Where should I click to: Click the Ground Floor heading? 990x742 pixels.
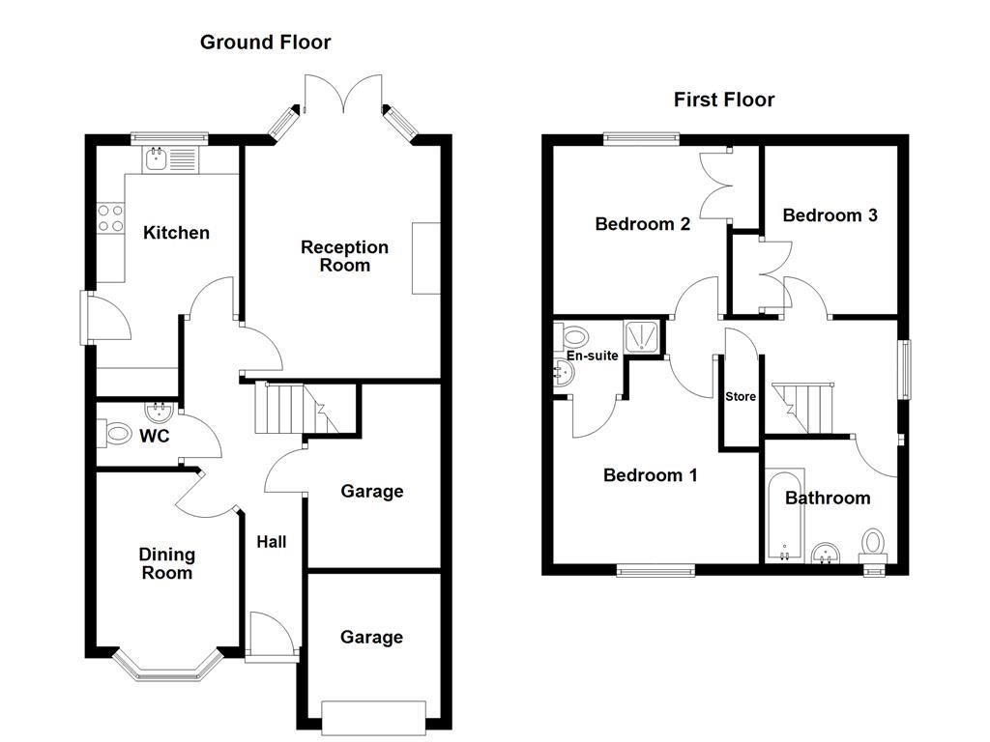[265, 43]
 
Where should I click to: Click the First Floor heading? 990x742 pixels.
[724, 100]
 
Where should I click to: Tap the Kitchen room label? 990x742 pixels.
[176, 233]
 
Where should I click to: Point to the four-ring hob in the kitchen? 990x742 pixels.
[110, 218]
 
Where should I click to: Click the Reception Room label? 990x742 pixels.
[344, 256]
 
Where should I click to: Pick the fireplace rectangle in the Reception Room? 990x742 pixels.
[425, 258]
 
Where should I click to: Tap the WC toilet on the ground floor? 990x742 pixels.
[116, 434]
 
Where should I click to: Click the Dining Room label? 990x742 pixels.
[166, 563]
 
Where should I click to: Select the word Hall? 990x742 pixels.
[271, 542]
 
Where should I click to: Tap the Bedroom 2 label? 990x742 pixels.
[642, 224]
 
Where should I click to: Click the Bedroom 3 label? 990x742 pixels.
[830, 215]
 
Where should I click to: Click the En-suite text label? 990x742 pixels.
[592, 356]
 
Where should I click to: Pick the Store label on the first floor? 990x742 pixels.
[740, 396]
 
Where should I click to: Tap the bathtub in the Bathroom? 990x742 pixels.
[783, 517]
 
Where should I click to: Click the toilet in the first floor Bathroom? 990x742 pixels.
[873, 544]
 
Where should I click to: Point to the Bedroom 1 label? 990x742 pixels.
[650, 475]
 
